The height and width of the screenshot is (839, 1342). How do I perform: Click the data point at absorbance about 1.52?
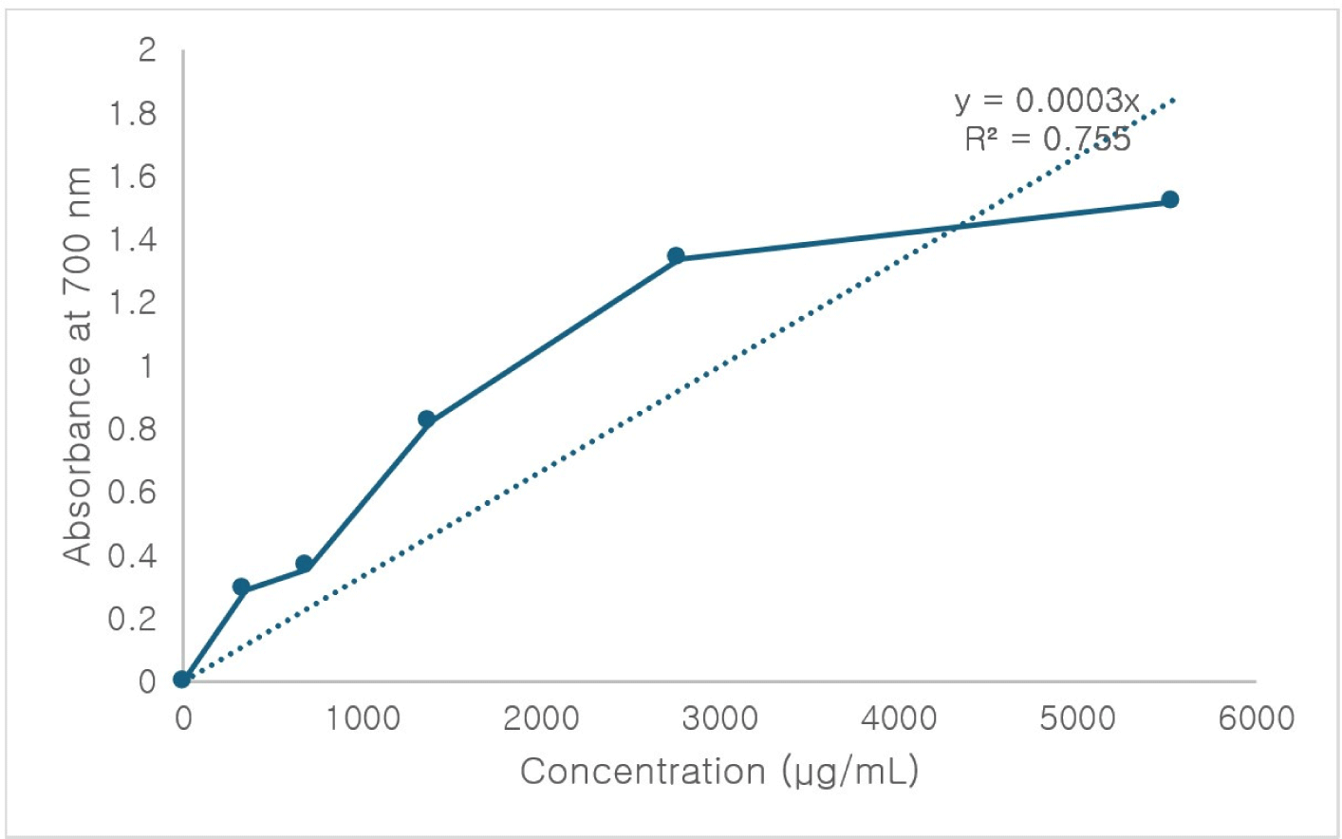click(x=1169, y=199)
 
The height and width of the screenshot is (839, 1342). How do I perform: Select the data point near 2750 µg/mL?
click(x=676, y=256)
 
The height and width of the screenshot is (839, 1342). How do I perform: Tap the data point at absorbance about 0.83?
click(x=426, y=419)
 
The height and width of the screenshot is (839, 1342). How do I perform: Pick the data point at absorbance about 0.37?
click(x=305, y=564)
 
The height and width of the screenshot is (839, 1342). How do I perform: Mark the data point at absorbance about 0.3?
click(x=241, y=587)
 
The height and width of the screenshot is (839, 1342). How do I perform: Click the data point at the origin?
click(x=182, y=680)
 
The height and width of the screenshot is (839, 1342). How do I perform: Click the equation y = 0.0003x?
click(x=1047, y=100)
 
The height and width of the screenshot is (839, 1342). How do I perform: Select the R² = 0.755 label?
click(x=1047, y=140)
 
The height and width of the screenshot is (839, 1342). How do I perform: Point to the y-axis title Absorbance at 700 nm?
click(x=77, y=365)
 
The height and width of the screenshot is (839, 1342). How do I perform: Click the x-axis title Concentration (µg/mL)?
click(x=718, y=771)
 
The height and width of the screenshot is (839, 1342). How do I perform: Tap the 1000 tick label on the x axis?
click(x=363, y=718)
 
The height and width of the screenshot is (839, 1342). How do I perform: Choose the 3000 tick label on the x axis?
click(x=719, y=718)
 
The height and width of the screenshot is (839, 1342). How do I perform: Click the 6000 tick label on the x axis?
click(x=1256, y=718)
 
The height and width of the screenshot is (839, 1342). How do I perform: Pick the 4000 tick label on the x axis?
click(x=898, y=718)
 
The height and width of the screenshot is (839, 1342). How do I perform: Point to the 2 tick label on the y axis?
click(x=147, y=49)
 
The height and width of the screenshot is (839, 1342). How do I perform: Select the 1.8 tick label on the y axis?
click(x=133, y=114)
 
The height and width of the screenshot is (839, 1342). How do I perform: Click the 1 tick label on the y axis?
click(x=147, y=365)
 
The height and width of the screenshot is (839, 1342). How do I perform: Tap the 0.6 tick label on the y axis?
click(x=133, y=492)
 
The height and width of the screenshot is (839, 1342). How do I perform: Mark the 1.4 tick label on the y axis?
click(x=133, y=239)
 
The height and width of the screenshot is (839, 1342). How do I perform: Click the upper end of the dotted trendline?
click(x=1175, y=98)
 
